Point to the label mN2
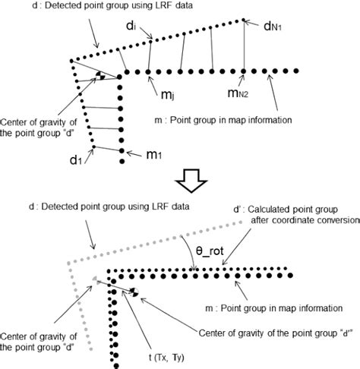pos(243,94)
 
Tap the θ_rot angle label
pos(199,249)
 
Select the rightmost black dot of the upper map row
pos(298,72)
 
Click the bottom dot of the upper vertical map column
pos(122,161)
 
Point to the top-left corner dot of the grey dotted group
pos(70,261)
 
